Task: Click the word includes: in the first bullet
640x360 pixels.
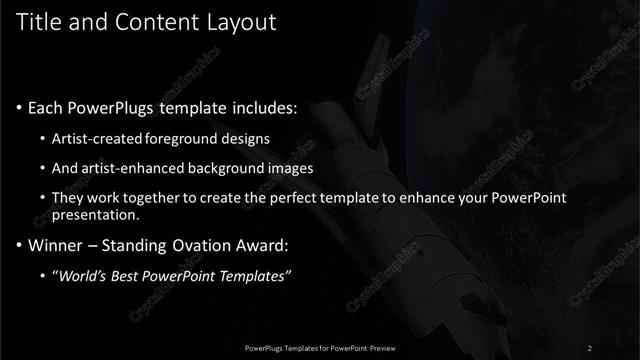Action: (x=262, y=106)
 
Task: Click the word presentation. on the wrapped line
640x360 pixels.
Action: (x=99, y=215)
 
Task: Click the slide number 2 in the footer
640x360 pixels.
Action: (x=590, y=347)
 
